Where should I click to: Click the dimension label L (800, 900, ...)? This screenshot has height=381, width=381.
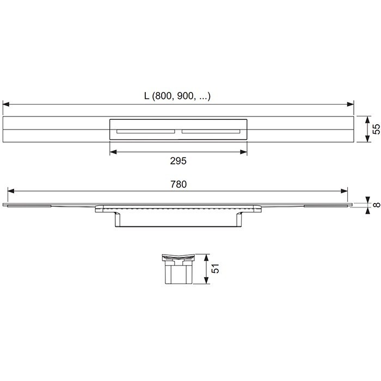177,96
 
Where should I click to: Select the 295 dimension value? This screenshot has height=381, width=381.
178,161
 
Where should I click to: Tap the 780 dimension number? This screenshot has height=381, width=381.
178,185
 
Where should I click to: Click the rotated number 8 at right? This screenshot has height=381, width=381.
376,205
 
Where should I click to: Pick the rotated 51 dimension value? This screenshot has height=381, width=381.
216,269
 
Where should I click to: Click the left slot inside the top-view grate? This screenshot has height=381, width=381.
144,131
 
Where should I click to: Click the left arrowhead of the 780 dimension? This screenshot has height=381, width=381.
9,191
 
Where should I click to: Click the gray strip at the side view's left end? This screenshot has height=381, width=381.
30,206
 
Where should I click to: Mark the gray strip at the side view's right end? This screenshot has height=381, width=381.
324,206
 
